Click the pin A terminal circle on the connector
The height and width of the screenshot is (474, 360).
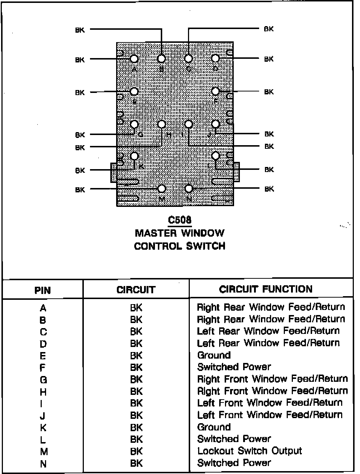[134, 59]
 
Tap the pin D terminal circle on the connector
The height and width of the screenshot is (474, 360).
[215, 58]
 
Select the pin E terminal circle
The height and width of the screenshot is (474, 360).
[134, 91]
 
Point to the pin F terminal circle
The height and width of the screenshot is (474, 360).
[216, 91]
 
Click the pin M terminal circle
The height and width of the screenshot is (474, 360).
[161, 189]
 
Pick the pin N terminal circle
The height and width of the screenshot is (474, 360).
[188, 189]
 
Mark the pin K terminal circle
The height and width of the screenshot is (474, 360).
[134, 156]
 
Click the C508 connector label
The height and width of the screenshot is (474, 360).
[180, 220]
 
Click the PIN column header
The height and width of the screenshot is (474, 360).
[42, 290]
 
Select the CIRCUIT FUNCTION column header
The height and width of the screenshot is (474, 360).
[266, 289]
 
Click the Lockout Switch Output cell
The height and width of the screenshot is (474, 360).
[249, 451]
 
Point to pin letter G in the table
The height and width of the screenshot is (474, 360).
[43, 380]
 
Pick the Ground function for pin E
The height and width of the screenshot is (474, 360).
[214, 355]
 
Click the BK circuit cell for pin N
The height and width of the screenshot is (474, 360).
[136, 463]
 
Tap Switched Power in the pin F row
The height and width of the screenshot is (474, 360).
[234, 367]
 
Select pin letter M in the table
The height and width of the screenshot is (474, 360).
[44, 452]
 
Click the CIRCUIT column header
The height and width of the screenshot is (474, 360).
[136, 290]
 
